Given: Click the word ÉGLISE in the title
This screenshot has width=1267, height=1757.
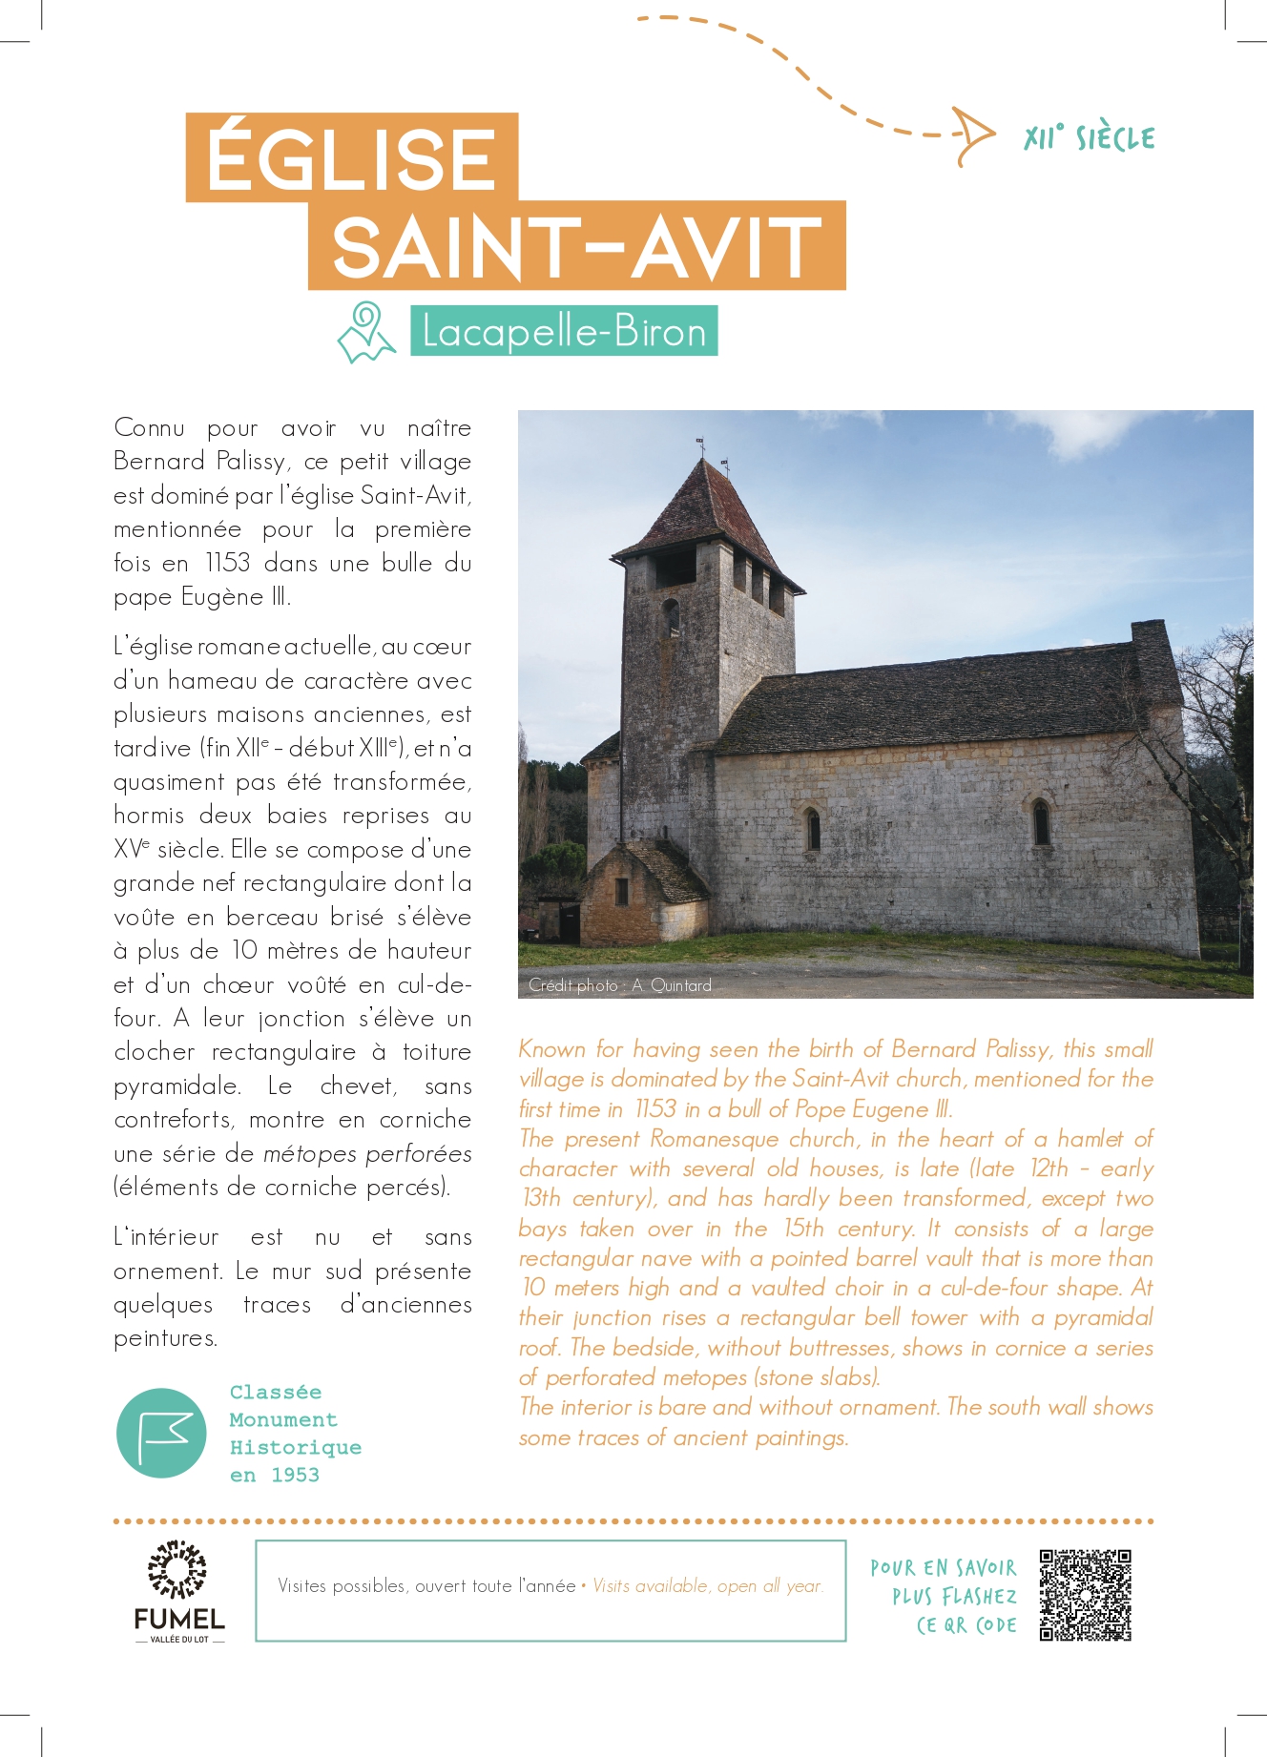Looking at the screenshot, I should click(351, 158).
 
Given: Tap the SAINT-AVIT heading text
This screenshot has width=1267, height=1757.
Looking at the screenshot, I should click(576, 246).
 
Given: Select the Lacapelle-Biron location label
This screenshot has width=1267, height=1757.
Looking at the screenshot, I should click(564, 332).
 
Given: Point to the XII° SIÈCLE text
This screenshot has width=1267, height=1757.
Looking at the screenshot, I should click(1089, 138).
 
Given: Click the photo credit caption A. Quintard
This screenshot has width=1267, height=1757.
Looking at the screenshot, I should click(672, 985).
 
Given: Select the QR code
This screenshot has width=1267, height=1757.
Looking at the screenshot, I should click(1085, 1595).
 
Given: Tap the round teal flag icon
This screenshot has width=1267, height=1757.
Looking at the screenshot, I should click(161, 1433).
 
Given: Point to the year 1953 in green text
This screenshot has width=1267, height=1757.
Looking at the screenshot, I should click(295, 1475).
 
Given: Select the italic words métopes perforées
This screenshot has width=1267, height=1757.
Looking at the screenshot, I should click(367, 1153).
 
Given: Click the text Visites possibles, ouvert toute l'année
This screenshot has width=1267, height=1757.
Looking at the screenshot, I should click(426, 1586).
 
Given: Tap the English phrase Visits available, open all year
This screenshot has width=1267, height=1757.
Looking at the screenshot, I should click(707, 1586).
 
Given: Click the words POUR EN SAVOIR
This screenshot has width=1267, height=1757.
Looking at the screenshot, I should click(943, 1567).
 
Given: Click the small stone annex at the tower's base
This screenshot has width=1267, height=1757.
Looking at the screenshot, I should click(641, 891).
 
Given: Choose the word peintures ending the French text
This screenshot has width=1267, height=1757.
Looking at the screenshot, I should click(164, 1338).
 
